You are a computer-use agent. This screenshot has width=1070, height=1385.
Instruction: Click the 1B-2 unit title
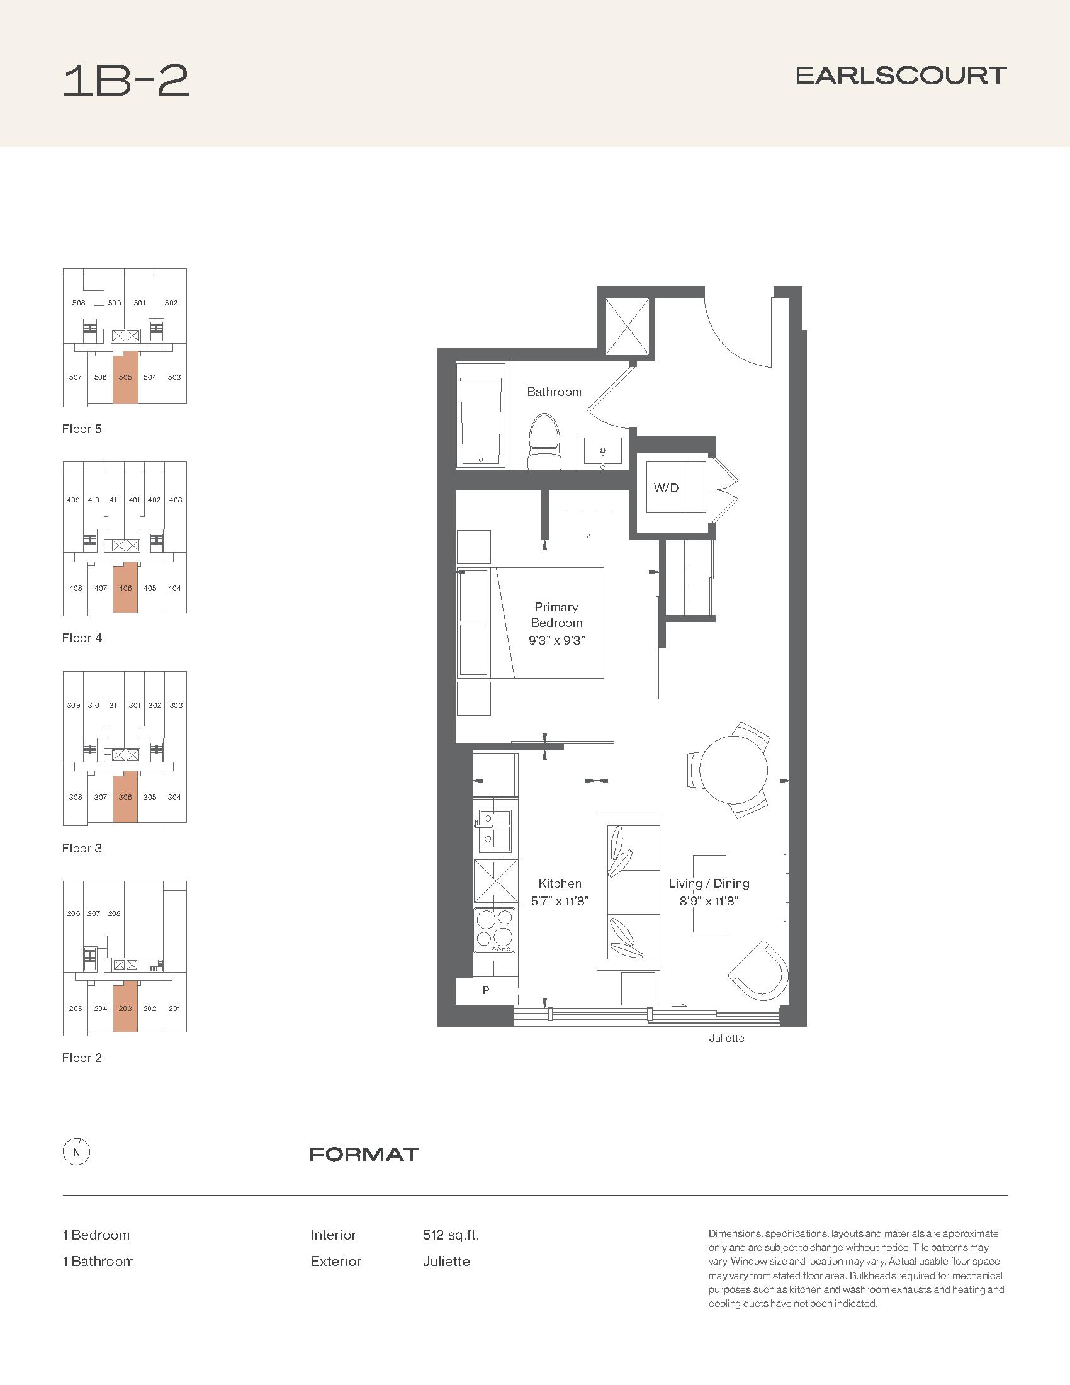click(125, 81)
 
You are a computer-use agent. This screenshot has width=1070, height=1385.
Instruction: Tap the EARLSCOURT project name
click(901, 76)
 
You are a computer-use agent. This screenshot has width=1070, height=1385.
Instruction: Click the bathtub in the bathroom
click(481, 416)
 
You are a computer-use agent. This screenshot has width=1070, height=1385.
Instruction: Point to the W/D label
click(666, 488)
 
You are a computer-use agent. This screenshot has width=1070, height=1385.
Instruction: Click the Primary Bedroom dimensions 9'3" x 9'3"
click(556, 640)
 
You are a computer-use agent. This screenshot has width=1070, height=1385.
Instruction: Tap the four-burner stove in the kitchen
click(495, 930)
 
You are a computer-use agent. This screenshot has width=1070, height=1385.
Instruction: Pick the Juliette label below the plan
click(726, 1038)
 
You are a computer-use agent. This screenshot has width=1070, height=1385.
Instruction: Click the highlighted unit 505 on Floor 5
click(125, 376)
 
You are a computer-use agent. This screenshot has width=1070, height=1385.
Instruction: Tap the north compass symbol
click(76, 1153)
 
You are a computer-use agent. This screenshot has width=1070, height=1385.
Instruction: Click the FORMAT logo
click(364, 1154)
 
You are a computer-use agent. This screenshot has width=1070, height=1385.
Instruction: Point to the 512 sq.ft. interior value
click(451, 1235)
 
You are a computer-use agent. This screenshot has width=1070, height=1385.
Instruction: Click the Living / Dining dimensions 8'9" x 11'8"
click(709, 901)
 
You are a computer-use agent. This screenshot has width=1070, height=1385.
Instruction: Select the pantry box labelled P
click(485, 990)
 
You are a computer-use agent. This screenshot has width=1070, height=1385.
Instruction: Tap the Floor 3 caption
click(82, 848)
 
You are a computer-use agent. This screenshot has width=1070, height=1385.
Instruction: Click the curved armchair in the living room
click(758, 972)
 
